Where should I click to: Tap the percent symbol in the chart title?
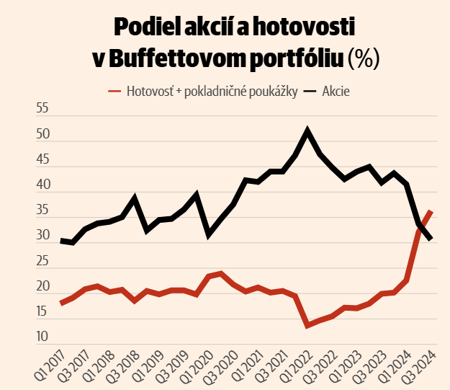click(x=364, y=58)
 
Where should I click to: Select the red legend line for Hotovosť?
click(x=114, y=92)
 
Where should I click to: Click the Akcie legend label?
click(x=336, y=92)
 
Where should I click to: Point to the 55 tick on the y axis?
click(x=42, y=108)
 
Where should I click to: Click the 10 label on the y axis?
click(x=42, y=337)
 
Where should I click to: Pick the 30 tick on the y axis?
click(x=42, y=235)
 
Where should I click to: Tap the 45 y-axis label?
click(x=42, y=159)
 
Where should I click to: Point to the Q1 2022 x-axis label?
click(x=297, y=365)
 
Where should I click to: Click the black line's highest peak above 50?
click(x=307, y=130)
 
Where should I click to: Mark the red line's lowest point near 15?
click(x=307, y=326)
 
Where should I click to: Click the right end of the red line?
click(x=431, y=211)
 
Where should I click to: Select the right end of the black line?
click(x=431, y=239)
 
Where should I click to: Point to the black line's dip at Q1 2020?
click(x=209, y=234)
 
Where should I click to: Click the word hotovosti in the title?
click(x=304, y=27)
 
